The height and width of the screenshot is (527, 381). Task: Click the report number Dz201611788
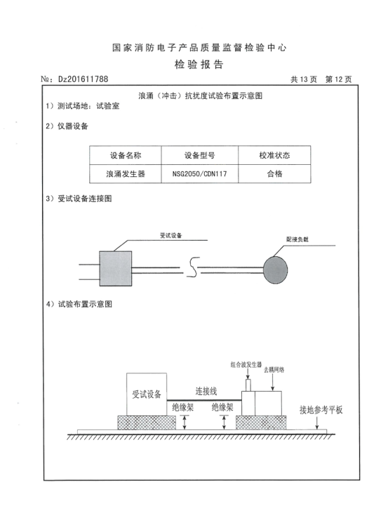83,79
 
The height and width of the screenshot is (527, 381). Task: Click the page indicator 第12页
338,79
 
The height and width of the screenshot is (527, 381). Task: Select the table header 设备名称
126,155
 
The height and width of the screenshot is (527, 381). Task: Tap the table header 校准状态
274,155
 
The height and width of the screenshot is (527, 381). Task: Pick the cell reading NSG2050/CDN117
199,174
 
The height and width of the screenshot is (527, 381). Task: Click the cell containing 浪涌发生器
126,174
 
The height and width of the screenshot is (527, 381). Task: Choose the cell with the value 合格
274,174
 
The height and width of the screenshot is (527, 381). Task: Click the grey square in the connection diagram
116,269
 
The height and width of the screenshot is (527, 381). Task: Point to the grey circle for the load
276,270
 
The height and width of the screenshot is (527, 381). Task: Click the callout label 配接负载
298,239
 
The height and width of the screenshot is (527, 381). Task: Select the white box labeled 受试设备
147,394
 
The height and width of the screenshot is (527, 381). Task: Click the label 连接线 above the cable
206,392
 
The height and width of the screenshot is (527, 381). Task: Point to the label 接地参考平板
321,410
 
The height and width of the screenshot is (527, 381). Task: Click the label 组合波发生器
246,365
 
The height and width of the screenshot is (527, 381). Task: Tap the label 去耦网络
274,370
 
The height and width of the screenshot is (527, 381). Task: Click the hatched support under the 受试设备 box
147,422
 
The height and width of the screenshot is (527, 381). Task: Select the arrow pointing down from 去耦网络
272,382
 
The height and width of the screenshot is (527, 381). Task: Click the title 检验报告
199,64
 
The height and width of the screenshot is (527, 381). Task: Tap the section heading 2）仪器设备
67,126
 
